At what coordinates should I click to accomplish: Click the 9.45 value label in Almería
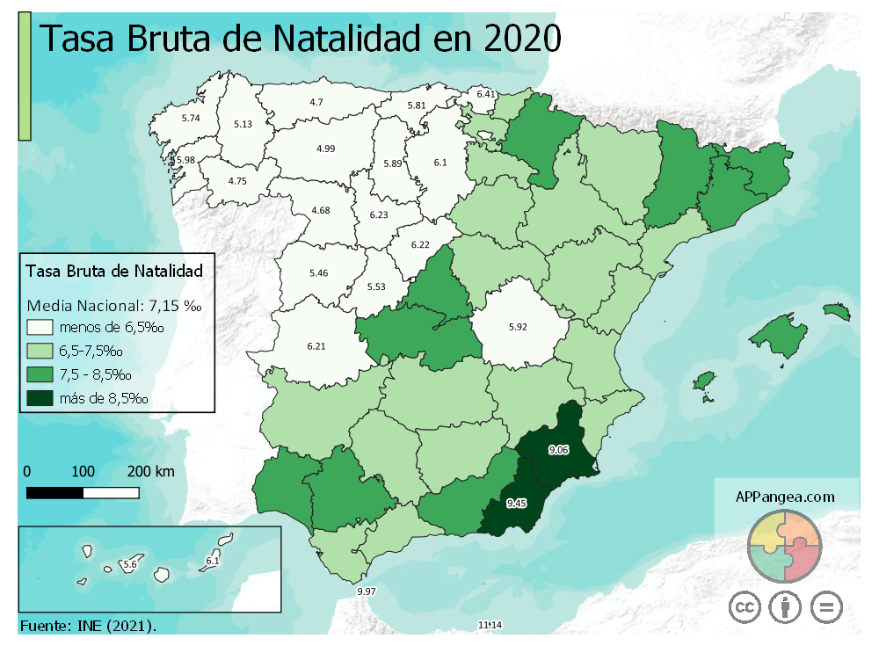click(x=517, y=504)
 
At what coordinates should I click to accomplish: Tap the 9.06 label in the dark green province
click(x=558, y=450)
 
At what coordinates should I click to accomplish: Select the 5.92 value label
click(x=518, y=327)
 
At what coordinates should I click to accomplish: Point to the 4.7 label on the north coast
click(x=316, y=102)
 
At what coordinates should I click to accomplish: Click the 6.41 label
click(x=486, y=93)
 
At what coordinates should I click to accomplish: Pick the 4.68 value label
click(x=320, y=210)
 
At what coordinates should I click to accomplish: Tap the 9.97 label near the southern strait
click(x=367, y=592)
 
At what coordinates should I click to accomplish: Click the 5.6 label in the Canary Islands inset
click(x=131, y=562)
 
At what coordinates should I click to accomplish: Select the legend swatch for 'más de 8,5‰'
click(x=40, y=398)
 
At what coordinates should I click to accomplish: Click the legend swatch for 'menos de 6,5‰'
click(x=40, y=328)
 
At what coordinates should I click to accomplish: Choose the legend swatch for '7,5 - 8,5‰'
click(x=40, y=375)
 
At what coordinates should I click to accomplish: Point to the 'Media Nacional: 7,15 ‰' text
click(x=115, y=306)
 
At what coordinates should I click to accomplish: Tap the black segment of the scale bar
click(x=54, y=492)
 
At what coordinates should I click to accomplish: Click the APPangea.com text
click(x=785, y=496)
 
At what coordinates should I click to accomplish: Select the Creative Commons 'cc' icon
click(x=745, y=606)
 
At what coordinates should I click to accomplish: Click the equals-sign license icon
click(x=825, y=606)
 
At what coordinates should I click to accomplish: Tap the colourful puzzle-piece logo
click(x=784, y=545)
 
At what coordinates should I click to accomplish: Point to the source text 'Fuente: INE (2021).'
click(x=88, y=626)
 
